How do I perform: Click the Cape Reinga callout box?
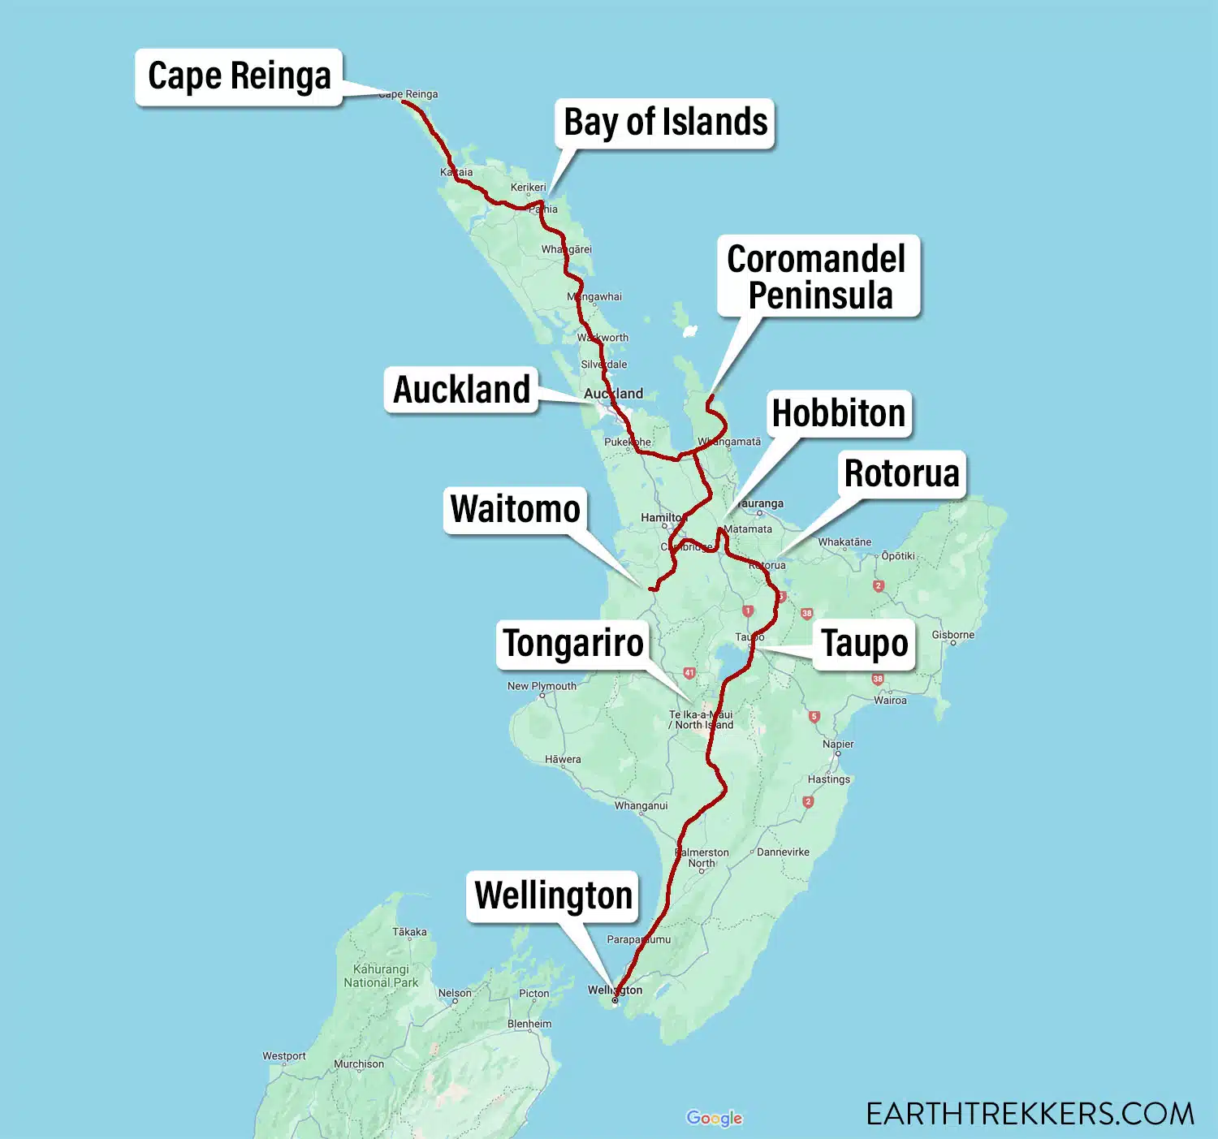239,76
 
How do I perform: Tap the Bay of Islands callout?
665,123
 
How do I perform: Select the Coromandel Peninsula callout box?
818,276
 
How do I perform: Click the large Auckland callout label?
461,390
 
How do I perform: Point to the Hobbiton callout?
838,413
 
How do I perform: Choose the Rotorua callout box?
901,473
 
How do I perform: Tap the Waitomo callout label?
515,510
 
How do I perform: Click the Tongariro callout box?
572,644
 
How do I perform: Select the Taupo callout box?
864,644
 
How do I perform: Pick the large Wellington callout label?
553,896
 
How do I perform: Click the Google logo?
714,1118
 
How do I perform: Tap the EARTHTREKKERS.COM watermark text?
1030,1114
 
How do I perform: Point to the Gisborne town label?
952,635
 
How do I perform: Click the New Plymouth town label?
542,686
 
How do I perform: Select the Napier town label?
838,744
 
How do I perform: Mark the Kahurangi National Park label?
381,976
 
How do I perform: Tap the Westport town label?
284,1056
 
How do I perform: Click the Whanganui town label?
641,805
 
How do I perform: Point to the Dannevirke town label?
783,852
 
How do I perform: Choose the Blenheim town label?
529,1024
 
